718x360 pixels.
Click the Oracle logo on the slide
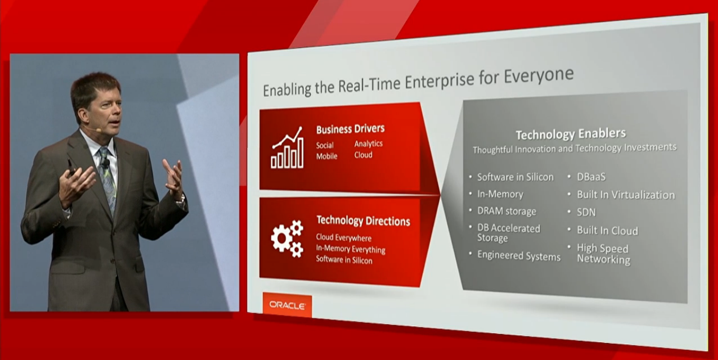(287, 305)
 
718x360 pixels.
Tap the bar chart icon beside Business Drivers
(287, 148)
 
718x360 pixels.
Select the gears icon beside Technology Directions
(287, 239)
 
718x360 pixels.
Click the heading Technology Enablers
(571, 134)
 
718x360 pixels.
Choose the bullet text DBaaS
(591, 177)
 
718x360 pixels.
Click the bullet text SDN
(586, 212)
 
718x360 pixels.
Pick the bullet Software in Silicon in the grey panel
(515, 177)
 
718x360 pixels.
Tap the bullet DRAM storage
(506, 211)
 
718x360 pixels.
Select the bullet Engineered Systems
(519, 256)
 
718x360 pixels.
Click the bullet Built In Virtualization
(626, 195)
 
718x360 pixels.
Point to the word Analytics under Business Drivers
(368, 144)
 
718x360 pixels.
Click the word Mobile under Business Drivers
(327, 156)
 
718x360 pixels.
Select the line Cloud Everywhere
(343, 238)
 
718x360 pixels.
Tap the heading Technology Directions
(363, 221)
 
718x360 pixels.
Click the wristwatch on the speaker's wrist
(181, 201)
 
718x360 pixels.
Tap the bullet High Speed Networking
(603, 254)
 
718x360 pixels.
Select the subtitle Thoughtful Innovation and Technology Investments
(575, 148)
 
